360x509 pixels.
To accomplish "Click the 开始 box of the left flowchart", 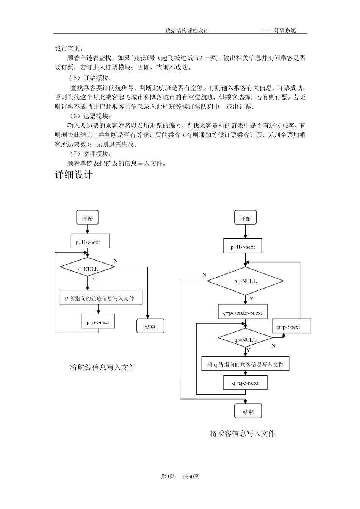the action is tap(87, 217).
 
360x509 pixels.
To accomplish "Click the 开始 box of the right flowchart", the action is tap(246, 217).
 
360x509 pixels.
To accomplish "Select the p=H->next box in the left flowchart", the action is tap(90, 241).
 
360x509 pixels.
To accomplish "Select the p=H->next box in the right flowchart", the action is tap(243, 246).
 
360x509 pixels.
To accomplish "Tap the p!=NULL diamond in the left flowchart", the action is tap(87, 267).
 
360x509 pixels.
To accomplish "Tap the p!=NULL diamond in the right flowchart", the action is tap(246, 281).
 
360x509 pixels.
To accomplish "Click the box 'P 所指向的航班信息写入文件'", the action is tap(101, 297).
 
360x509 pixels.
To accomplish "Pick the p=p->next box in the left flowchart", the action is tap(98, 321).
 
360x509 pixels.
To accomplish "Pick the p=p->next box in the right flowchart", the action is tap(292, 326).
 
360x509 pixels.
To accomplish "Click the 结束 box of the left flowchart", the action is tap(150, 326).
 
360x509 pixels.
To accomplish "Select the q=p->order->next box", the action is tap(243, 312).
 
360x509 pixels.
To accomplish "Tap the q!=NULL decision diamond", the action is tap(246, 338).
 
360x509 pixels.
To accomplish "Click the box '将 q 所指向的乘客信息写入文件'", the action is tap(246, 364).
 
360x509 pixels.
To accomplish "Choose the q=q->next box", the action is tap(246, 383).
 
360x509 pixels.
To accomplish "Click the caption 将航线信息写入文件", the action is tap(103, 367).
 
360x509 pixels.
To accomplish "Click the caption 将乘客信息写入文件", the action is tap(243, 434).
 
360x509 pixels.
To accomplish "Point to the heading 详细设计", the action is tap(74, 175).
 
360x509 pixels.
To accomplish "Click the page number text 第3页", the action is tap(167, 476).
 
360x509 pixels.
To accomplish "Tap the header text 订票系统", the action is tap(285, 30).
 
